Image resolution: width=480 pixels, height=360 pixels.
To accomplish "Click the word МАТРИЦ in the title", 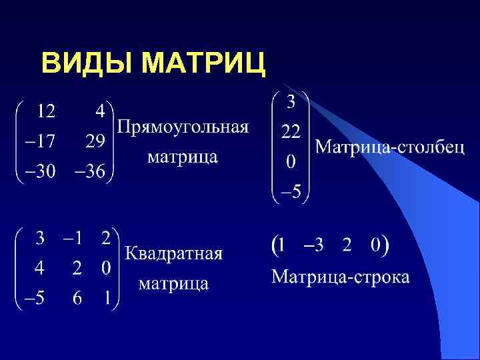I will [204, 64].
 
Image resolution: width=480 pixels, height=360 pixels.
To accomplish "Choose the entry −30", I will [39, 172].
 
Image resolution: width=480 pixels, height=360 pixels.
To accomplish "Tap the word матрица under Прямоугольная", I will [182, 157].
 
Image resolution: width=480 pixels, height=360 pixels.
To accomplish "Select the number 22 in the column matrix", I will [290, 133].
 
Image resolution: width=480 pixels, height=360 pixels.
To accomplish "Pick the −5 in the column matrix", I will [291, 193].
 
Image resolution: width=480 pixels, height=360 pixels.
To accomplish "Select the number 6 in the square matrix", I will [77, 299].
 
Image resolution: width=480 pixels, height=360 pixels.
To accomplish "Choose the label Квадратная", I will [174, 254].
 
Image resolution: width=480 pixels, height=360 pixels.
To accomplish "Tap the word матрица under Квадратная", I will [173, 284].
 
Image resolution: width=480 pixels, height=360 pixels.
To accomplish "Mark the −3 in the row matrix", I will [313, 245].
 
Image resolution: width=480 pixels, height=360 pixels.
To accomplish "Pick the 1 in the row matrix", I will [282, 245].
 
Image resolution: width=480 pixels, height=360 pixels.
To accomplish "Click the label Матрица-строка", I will [340, 277].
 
